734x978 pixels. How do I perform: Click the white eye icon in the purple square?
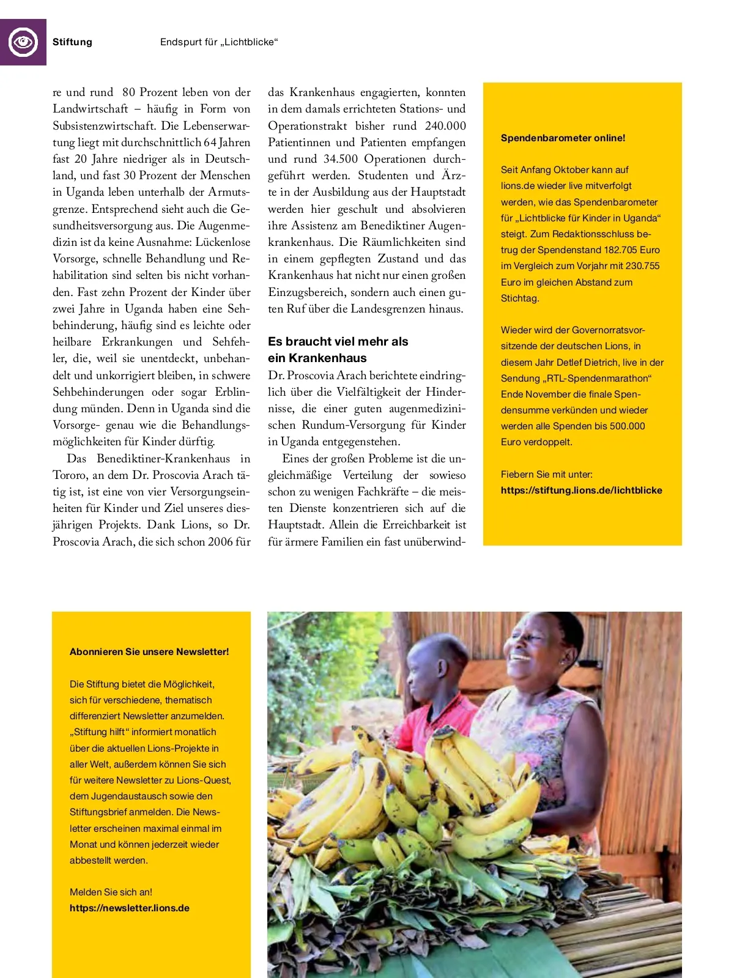[x=23, y=42]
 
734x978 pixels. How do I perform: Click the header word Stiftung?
[x=72, y=42]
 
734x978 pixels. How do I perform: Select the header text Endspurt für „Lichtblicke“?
[x=219, y=42]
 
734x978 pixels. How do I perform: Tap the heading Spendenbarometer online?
[x=563, y=138]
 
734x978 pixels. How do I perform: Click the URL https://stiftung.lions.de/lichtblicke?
[x=581, y=491]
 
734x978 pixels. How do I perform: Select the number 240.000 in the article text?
[x=445, y=126]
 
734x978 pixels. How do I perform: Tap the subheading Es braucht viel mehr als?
[x=338, y=342]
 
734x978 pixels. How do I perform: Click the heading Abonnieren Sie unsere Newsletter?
[x=149, y=652]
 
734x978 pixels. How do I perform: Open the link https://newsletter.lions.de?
[x=130, y=908]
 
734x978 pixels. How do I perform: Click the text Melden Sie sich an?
[x=111, y=892]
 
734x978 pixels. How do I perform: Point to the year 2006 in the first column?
[x=220, y=542]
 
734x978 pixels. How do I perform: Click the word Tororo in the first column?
[x=70, y=475]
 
